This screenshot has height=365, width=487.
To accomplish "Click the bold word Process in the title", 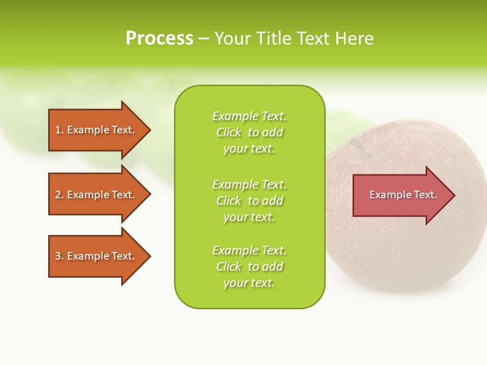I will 159,39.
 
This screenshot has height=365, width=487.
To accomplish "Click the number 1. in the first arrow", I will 59,130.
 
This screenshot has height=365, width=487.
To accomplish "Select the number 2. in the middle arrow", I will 59,195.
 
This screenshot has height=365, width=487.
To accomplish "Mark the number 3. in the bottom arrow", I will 59,256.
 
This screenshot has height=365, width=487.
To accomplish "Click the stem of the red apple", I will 361,147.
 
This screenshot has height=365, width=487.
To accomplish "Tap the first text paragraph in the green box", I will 249,132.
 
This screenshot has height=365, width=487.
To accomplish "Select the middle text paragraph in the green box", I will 249,201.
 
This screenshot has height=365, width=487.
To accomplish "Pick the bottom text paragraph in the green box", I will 249,267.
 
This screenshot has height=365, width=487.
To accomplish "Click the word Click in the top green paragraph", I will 229,132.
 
